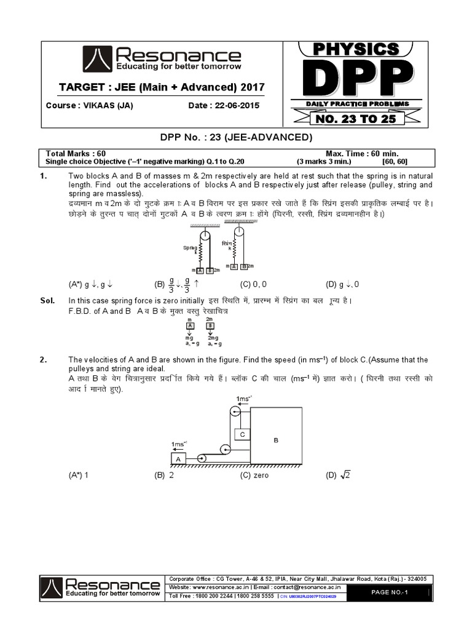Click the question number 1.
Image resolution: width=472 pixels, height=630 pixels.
coord(44,176)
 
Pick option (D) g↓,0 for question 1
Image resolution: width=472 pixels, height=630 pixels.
coord(342,284)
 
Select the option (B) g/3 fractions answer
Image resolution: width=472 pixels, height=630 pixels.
coord(178,284)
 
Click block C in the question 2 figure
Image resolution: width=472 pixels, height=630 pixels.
coord(243,434)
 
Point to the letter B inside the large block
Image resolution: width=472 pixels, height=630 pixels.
coord(276,441)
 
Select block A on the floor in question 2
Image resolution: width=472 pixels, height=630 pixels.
coord(178,459)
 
